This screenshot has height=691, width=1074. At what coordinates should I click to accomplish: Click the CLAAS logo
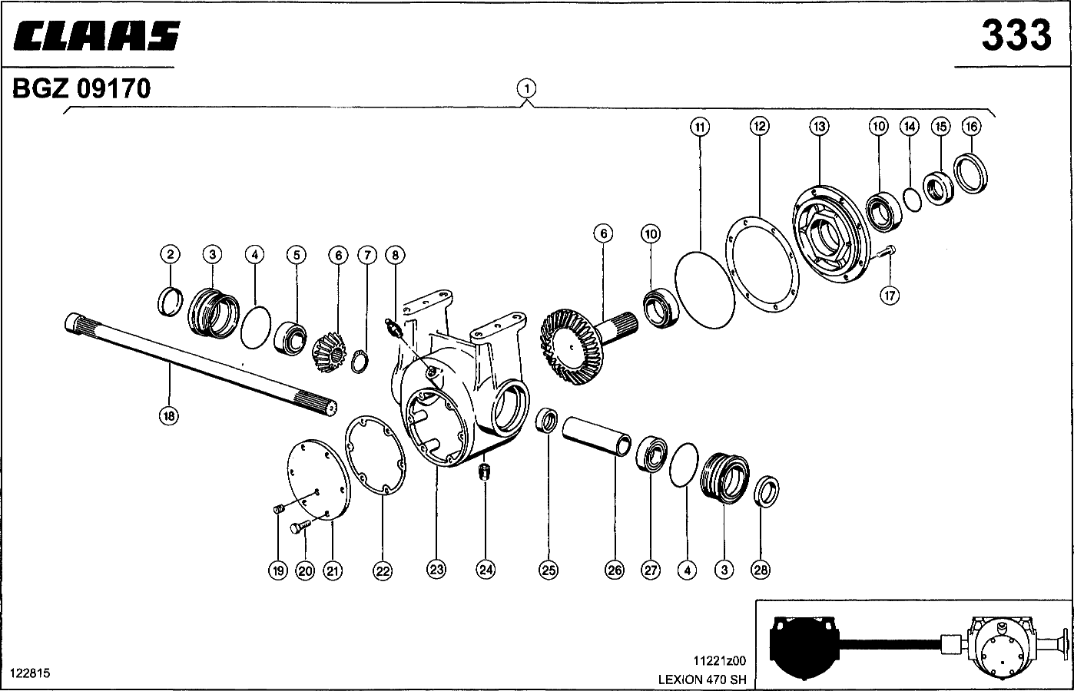point(96,36)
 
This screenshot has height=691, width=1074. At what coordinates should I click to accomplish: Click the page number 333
point(1016,35)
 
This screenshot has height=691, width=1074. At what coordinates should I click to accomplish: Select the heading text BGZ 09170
point(81,89)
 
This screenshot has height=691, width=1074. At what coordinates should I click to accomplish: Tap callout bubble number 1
point(526,88)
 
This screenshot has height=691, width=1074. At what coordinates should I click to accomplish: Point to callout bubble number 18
point(168,416)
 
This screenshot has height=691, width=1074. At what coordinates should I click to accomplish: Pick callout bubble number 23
point(436,570)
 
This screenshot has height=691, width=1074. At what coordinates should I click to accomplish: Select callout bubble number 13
point(819,126)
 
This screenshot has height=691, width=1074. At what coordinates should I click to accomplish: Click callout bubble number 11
point(699,126)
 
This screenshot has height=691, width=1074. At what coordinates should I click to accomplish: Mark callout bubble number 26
point(615,570)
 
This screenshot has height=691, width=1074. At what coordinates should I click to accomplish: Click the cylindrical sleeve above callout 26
point(598,437)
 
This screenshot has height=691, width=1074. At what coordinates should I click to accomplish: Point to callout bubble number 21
point(333,570)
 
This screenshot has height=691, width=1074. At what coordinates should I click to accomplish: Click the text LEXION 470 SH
point(701,679)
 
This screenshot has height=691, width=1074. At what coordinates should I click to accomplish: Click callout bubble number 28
point(761,570)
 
